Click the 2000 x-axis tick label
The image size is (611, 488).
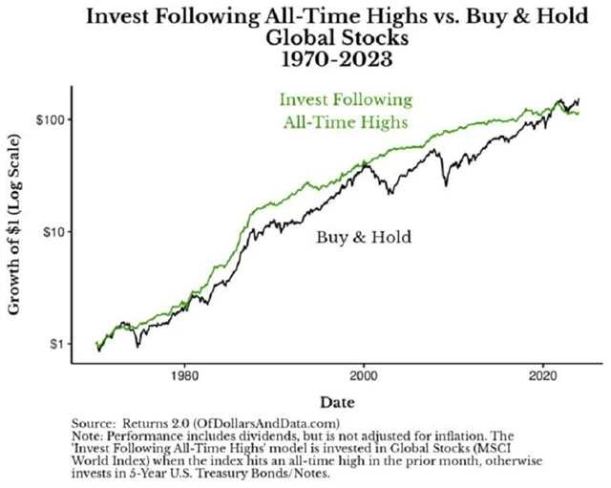pos(364,376)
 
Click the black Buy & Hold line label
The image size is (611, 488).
pos(364,235)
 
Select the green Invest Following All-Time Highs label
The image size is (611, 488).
pos(346,111)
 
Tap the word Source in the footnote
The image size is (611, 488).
pos(93,423)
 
